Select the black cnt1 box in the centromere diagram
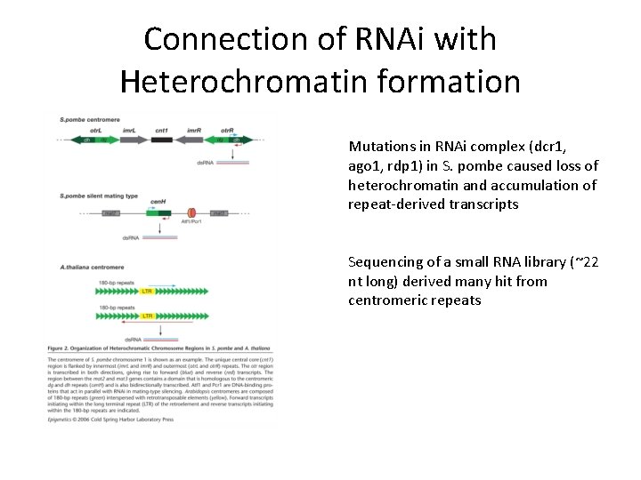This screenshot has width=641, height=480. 161,140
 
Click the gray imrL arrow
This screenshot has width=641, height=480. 129,140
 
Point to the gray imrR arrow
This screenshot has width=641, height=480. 194,140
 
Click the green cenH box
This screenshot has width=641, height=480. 162,213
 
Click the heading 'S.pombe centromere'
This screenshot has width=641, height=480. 89,119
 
